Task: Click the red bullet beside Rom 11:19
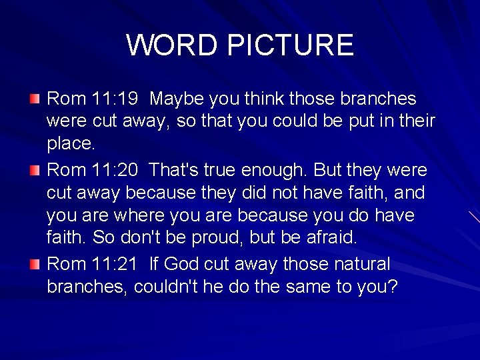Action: (x=35, y=99)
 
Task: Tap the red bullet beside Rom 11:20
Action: (x=35, y=171)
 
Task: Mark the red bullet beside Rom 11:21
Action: (x=35, y=264)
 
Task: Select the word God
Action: (x=181, y=264)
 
